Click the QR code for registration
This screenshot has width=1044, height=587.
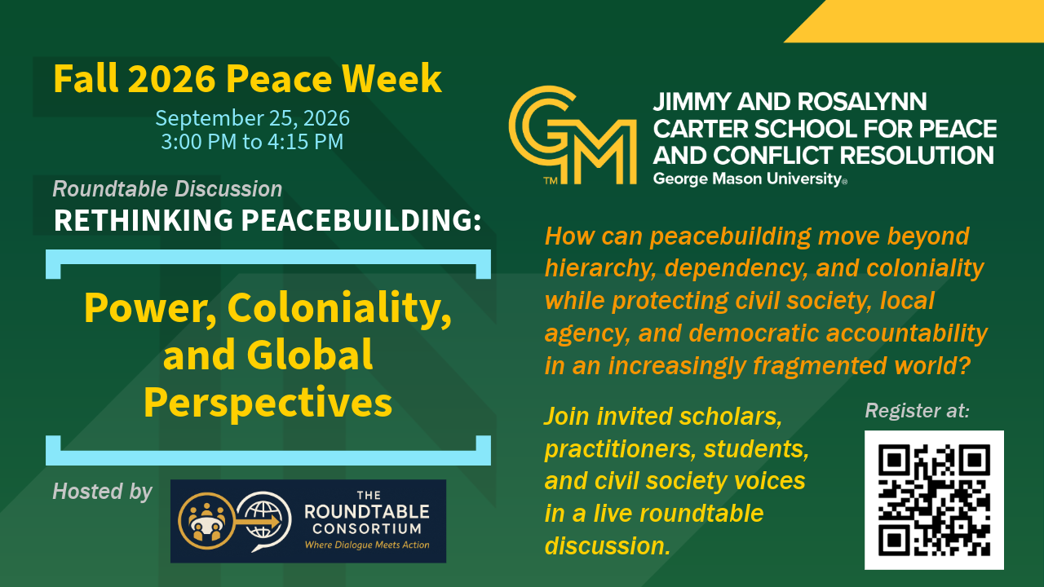(x=934, y=500)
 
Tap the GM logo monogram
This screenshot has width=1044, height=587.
(x=573, y=135)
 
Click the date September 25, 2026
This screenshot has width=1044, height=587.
(x=252, y=118)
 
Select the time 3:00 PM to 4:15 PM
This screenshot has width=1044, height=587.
(x=252, y=142)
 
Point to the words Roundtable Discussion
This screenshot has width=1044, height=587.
(x=167, y=189)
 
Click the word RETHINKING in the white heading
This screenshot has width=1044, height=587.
(x=143, y=220)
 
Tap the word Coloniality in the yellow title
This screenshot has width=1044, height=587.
(x=338, y=307)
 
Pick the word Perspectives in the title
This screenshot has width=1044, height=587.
(x=268, y=403)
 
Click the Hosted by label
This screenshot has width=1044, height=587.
(x=102, y=492)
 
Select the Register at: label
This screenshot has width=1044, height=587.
(x=918, y=410)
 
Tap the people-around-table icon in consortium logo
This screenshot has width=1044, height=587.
(x=206, y=521)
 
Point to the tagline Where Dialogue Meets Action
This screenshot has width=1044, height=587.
(x=367, y=545)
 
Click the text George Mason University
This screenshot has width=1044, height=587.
(x=750, y=179)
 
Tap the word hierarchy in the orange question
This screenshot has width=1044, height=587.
(x=601, y=269)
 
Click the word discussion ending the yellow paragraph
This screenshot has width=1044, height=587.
(x=608, y=545)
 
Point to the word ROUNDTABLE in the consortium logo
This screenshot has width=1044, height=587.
(x=367, y=511)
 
